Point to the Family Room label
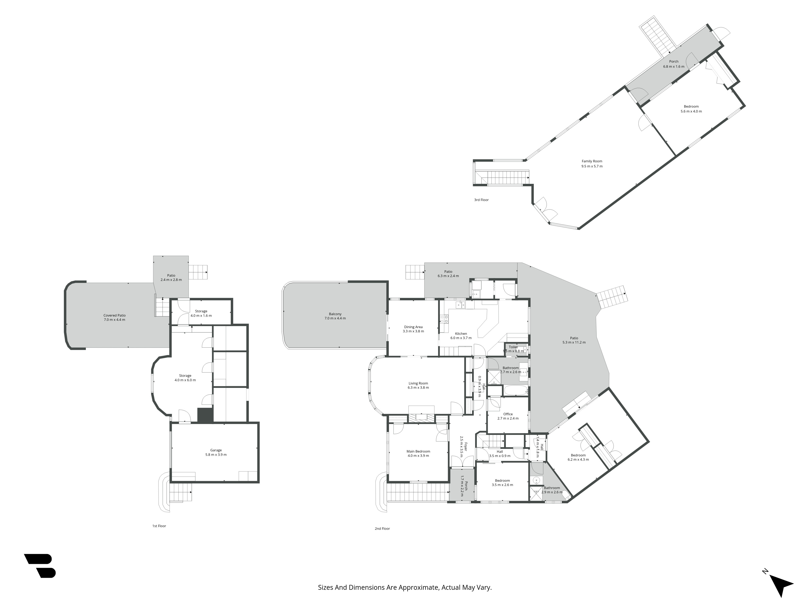(592, 164)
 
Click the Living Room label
(418, 385)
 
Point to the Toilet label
(513, 349)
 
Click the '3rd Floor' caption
(481, 200)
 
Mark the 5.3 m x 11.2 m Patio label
(574, 340)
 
